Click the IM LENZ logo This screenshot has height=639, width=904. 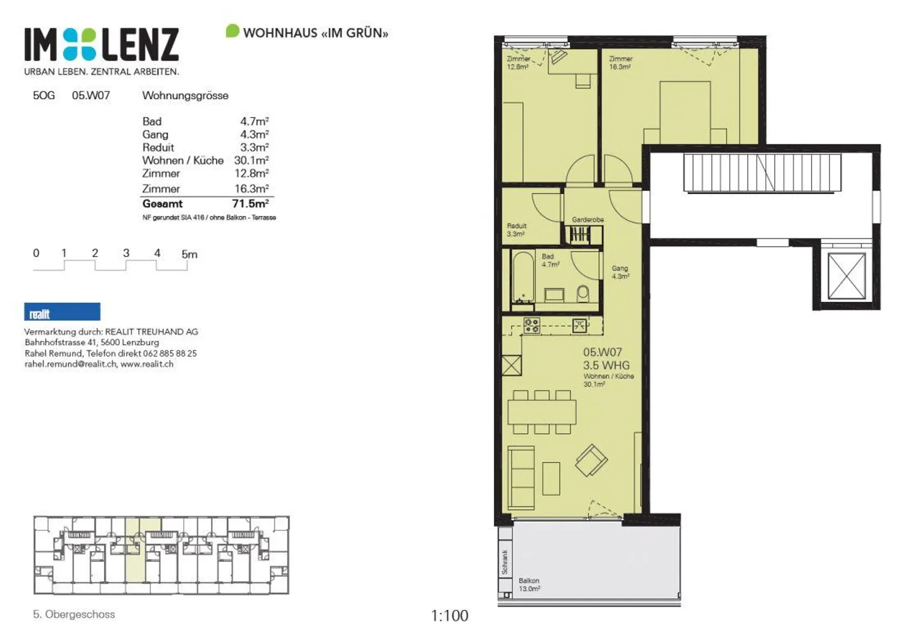click(102, 45)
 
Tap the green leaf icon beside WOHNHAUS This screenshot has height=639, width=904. click(232, 31)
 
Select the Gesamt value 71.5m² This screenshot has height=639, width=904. click(250, 203)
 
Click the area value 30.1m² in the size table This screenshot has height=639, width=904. click(251, 160)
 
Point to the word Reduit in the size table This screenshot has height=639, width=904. click(158, 148)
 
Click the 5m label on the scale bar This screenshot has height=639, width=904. click(189, 254)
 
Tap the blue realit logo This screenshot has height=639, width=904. click(62, 312)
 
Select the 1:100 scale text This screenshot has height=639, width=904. click(449, 616)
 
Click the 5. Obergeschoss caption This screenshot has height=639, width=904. click(74, 615)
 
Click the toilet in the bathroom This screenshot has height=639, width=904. click(583, 293)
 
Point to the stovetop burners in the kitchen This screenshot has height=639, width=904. click(532, 325)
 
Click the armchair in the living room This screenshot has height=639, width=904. click(591, 461)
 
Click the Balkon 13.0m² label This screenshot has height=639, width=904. click(529, 584)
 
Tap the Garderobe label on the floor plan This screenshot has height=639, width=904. click(588, 220)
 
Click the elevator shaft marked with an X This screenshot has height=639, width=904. click(846, 276)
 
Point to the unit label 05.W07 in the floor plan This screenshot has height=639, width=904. click(602, 353)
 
